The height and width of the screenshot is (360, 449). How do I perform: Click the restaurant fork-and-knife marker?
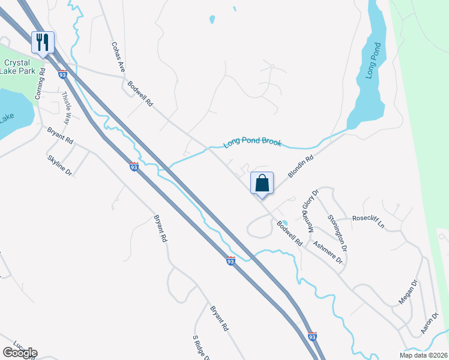click(x=43, y=42)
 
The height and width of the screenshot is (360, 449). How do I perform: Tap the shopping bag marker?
click(x=262, y=183)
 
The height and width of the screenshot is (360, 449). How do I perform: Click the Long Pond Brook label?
click(x=252, y=143)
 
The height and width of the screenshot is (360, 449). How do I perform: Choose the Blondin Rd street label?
click(x=301, y=167)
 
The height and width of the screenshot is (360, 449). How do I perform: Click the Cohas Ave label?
click(x=118, y=57)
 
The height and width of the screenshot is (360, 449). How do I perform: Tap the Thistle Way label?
click(x=67, y=105)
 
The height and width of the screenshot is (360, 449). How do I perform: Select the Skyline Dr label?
click(x=59, y=165)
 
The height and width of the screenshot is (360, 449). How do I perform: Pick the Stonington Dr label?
click(x=337, y=232)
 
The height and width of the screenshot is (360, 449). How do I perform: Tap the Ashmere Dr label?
click(x=327, y=252)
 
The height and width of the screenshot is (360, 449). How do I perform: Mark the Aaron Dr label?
click(x=427, y=322)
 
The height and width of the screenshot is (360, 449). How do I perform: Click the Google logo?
click(x=20, y=353)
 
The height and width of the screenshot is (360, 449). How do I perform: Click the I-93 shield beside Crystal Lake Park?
click(x=62, y=74)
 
